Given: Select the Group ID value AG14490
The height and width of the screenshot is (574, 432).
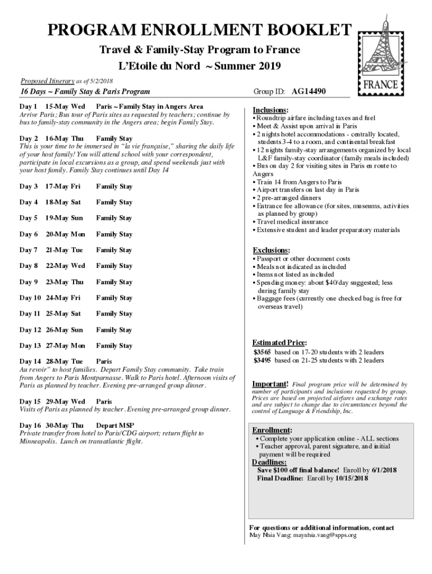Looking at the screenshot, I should [309, 91].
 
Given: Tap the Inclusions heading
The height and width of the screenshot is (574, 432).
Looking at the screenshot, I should [270, 110].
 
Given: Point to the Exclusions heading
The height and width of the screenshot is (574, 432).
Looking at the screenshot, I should [271, 250].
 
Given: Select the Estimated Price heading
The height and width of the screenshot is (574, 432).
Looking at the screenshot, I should [279, 342].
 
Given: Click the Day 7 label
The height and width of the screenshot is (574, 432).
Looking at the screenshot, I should [29, 250].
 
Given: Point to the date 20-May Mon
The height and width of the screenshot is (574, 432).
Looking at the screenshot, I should [66, 234].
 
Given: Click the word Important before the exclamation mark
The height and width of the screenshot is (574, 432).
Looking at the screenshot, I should [270, 384].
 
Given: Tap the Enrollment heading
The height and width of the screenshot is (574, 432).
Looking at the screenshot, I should [272, 430].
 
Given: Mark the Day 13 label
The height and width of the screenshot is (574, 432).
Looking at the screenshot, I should [30, 346].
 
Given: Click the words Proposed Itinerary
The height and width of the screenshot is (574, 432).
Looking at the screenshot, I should [43, 81].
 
